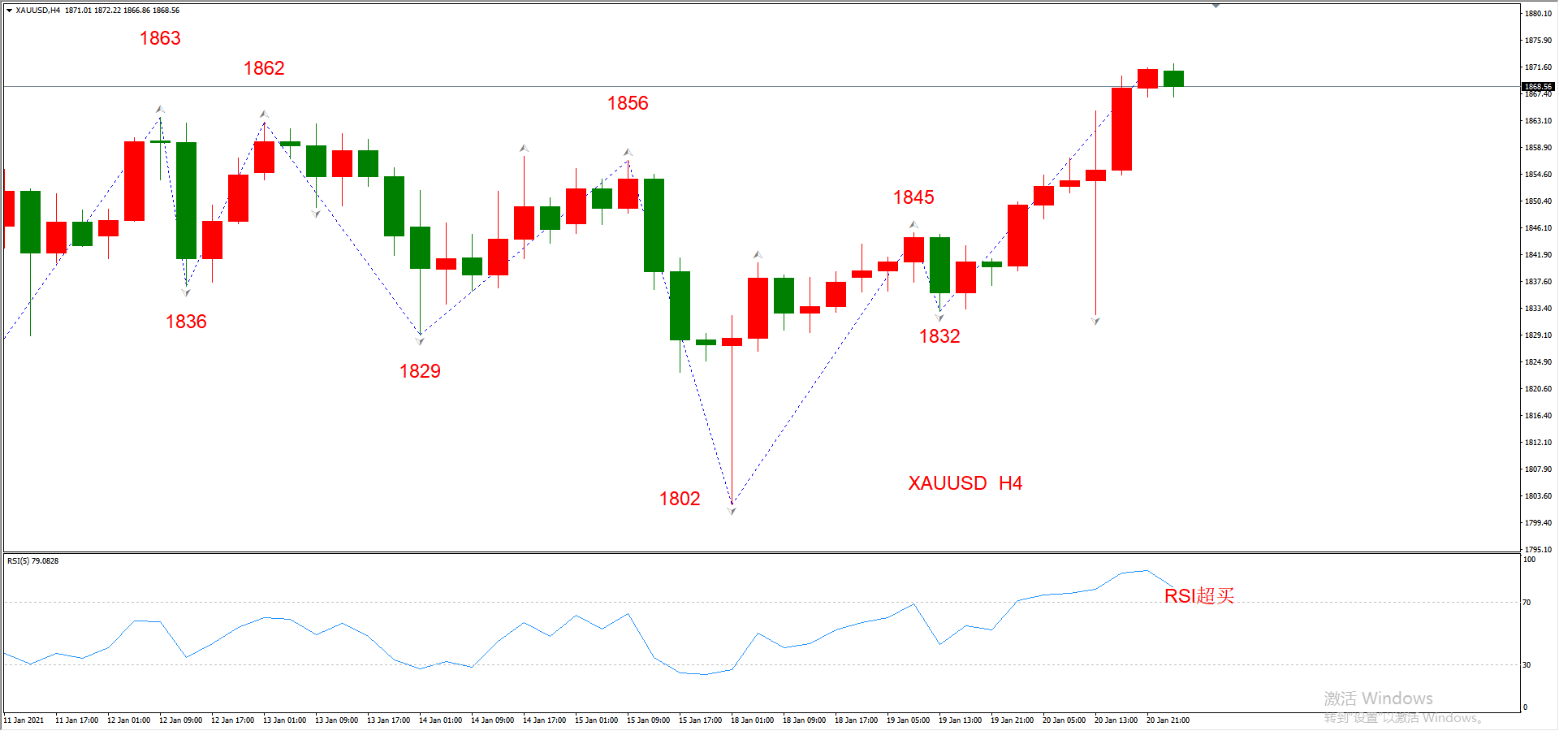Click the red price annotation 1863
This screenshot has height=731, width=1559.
(x=160, y=38)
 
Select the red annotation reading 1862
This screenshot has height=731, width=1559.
(x=264, y=68)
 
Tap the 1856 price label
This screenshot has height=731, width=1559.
(x=628, y=103)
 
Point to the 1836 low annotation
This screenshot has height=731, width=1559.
(x=186, y=322)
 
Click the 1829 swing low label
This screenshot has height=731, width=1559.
(x=420, y=371)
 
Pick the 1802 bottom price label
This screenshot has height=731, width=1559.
(x=680, y=499)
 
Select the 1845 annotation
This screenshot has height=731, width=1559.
(x=913, y=197)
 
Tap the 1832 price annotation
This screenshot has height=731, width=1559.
(x=939, y=336)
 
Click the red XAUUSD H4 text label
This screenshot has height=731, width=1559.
(x=965, y=483)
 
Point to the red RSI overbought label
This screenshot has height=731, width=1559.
(x=1199, y=596)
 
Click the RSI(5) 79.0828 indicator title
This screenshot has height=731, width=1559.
(x=32, y=561)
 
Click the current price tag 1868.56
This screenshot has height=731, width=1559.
(x=1537, y=86)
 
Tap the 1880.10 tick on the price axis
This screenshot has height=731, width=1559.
(x=1538, y=14)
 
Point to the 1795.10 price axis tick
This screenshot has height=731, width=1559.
(x=1538, y=550)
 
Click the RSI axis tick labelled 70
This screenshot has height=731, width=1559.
(x=1527, y=603)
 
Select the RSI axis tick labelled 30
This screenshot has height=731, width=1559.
(x=1527, y=665)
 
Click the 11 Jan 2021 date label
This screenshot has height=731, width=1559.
(x=24, y=720)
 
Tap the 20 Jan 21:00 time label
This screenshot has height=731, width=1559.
(x=1168, y=720)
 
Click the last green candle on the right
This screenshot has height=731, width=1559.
(x=1173, y=79)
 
